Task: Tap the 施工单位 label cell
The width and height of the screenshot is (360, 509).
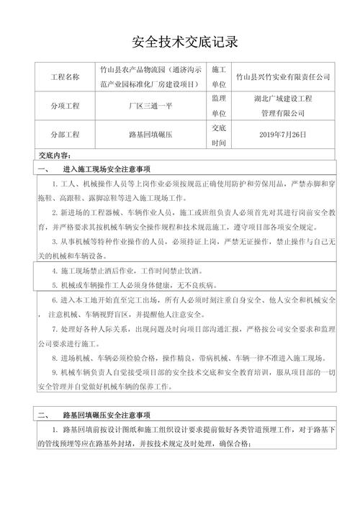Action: point(220,77)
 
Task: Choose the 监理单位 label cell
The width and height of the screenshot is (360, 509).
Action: point(220,106)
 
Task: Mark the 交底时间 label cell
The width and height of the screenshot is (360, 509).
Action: point(220,134)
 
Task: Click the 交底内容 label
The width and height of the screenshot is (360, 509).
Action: point(54,156)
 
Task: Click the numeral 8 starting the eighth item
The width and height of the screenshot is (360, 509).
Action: point(55,358)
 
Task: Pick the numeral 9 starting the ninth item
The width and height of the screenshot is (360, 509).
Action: point(55,372)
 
